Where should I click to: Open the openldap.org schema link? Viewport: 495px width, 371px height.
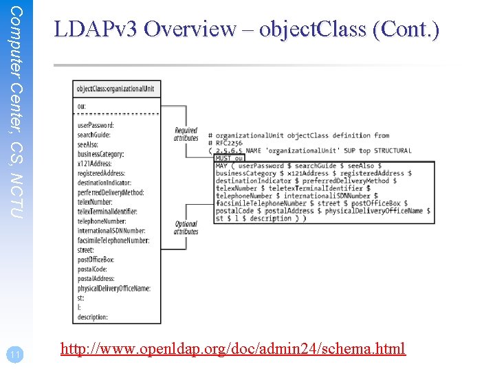(x=233, y=349)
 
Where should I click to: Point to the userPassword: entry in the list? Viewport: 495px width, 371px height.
(x=96, y=125)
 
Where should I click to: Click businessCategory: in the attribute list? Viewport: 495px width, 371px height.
(x=100, y=154)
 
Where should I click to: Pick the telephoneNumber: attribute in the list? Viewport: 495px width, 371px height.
(x=101, y=221)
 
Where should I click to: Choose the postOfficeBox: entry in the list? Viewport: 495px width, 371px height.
(x=96, y=260)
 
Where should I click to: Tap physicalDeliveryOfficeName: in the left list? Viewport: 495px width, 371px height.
(x=113, y=289)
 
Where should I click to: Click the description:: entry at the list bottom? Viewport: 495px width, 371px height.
(x=93, y=317)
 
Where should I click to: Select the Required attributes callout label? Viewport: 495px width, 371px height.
(x=186, y=134)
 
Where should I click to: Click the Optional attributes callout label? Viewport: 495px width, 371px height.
(x=186, y=227)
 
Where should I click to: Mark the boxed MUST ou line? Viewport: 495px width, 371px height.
(x=230, y=158)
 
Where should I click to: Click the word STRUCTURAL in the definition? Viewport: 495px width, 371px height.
(x=393, y=150)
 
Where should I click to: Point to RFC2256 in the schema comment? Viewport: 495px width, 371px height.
(x=231, y=143)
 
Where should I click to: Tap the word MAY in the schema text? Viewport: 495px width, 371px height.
(x=222, y=166)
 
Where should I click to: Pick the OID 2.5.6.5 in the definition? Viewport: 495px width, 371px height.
(x=228, y=150)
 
